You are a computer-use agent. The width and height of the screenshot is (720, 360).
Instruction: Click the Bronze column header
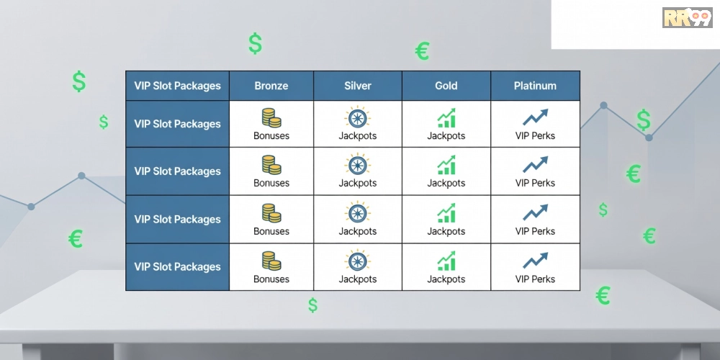pos(271,86)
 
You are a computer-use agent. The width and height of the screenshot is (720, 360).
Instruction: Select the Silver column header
pos(358,86)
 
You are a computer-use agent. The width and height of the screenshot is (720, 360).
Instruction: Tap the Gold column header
pos(446,86)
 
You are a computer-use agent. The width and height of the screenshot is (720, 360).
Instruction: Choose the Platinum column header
pos(535,86)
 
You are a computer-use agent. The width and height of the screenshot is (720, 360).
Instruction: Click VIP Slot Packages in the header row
pos(177,86)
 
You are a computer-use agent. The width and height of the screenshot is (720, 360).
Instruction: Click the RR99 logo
pos(687,18)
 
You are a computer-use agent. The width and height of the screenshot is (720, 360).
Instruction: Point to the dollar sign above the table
pos(256,44)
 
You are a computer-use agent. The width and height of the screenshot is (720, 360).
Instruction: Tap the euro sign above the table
pos(422,51)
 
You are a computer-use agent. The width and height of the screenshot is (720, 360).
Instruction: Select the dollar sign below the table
pos(312,305)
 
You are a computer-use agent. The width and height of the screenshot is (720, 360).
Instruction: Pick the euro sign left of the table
pos(76,239)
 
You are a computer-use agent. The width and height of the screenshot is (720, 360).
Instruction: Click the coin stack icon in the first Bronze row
pos(271,118)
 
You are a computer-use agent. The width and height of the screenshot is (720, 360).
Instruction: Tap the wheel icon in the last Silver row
pos(357,261)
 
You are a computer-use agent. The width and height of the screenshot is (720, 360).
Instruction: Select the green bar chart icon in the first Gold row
pos(446,118)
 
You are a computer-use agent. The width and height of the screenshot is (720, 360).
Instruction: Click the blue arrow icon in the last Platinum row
pos(536,261)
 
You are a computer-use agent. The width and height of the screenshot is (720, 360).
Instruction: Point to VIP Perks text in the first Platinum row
pos(535,136)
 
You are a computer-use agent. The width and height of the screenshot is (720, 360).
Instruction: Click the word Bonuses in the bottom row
pos(271,279)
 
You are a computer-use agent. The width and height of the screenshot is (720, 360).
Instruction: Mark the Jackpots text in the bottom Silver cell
pos(358,279)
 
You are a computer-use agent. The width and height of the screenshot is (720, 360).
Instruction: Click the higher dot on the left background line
pos(82,176)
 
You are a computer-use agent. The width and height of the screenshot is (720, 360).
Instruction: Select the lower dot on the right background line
pos(649,138)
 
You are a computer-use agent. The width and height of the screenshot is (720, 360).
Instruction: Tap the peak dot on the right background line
pos(604,105)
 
